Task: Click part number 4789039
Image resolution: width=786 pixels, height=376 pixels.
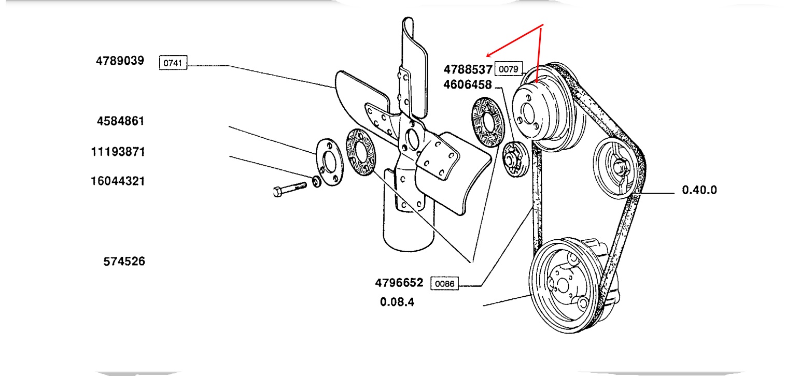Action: tap(119, 61)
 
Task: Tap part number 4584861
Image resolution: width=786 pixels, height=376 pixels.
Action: tap(120, 121)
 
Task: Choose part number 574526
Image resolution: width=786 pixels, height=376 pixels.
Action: tap(124, 262)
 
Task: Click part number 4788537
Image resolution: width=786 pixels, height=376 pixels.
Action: tap(467, 69)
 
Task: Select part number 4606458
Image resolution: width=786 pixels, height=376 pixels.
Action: tap(467, 85)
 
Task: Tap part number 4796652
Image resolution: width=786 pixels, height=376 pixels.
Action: tap(399, 283)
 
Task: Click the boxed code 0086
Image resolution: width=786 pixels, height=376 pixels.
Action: tap(444, 284)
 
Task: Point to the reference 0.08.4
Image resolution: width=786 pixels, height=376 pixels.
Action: tap(397, 301)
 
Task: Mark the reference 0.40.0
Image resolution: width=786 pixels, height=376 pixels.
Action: tap(699, 190)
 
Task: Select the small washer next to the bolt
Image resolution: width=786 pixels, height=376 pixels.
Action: tap(316, 182)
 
